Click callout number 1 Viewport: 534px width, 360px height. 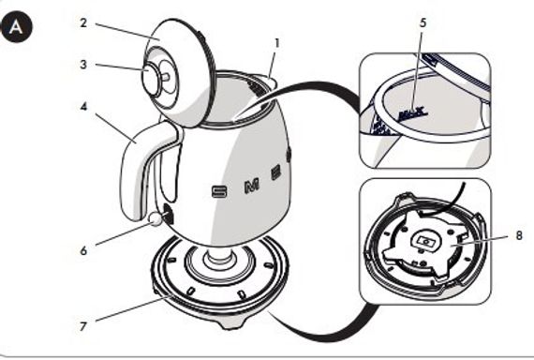click(x=276, y=42)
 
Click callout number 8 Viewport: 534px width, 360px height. click(x=518, y=235)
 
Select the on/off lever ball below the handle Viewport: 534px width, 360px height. click(x=156, y=218)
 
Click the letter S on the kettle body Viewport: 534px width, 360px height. click(x=220, y=191)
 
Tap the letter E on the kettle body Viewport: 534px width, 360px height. click(x=275, y=172)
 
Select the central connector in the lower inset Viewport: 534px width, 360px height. click(x=426, y=241)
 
